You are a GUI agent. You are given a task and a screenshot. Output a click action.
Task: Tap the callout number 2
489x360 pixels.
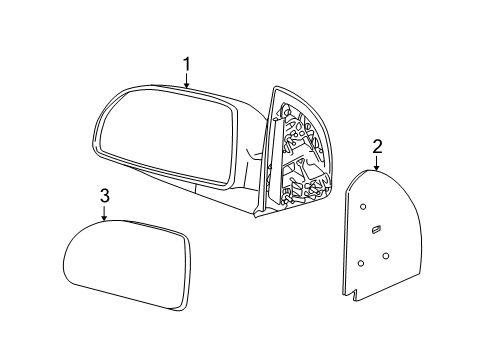pos(377,148)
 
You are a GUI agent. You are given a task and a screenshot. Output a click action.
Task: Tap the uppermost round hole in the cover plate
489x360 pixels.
pos(363,207)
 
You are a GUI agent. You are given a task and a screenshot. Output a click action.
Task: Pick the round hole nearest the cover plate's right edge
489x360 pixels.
pos(386,255)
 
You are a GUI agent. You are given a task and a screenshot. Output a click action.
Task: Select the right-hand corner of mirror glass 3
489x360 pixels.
pos(188,240)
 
